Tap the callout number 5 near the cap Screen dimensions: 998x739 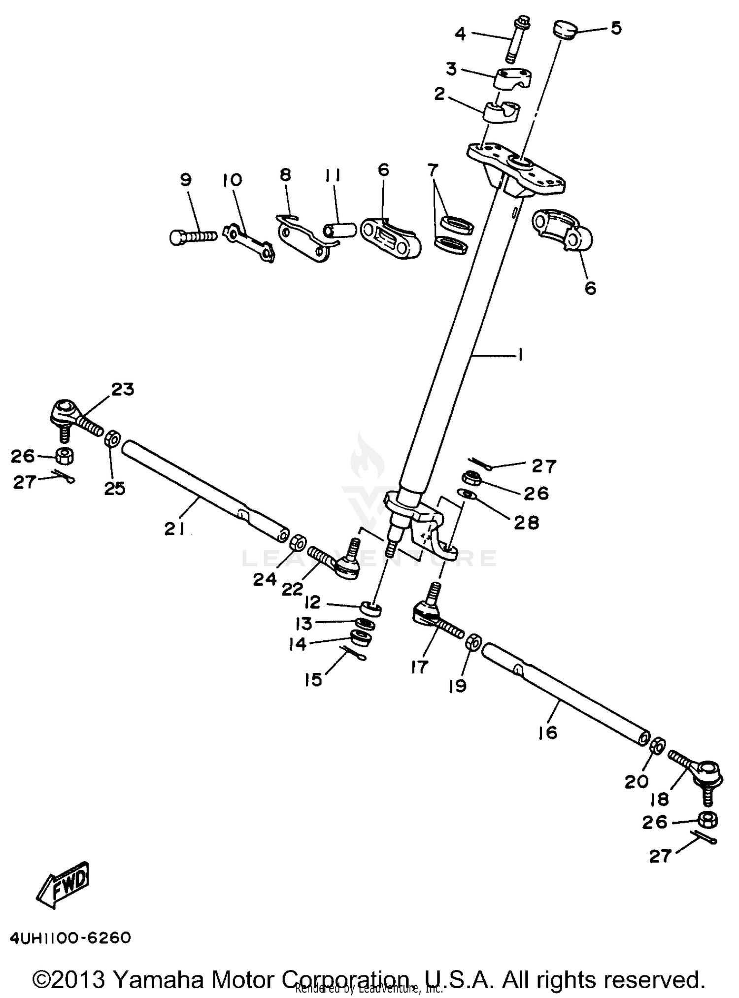(616, 28)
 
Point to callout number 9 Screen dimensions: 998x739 (186, 180)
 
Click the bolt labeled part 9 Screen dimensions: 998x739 (192, 237)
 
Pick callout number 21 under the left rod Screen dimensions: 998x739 (174, 529)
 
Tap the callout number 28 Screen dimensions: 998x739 (526, 522)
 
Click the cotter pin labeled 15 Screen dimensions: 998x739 (355, 653)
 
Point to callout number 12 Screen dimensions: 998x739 (312, 602)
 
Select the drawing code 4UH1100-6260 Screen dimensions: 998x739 (70, 938)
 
